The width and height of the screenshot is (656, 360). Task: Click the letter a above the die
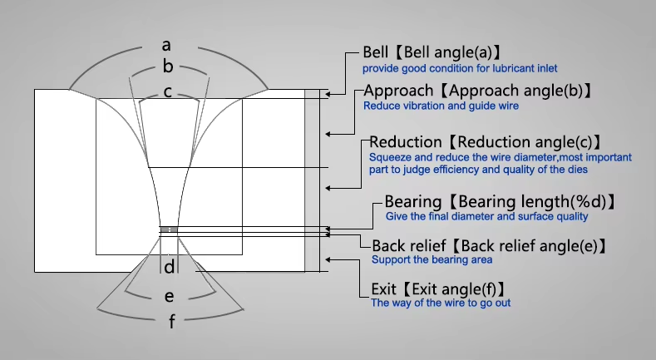coord(166,45)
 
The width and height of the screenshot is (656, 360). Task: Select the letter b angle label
coord(168,67)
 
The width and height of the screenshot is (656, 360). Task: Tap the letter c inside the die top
coord(167,92)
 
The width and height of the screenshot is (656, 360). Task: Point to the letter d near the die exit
coord(169,267)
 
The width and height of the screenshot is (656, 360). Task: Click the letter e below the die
coord(169,297)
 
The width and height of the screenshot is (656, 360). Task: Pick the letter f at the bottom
coord(171,322)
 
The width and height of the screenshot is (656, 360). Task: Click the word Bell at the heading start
coord(375,52)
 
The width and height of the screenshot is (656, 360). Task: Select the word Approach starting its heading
coord(398,91)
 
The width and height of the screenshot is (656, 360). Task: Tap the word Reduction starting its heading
coord(406,142)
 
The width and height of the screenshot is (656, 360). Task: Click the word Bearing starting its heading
coord(413,201)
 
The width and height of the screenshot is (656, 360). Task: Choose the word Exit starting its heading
coord(383,289)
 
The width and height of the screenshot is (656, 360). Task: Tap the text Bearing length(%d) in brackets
coord(532,202)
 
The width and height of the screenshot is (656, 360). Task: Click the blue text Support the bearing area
coord(432,259)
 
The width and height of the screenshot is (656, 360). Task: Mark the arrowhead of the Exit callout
coord(328,259)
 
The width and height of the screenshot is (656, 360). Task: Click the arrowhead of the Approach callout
coord(328,134)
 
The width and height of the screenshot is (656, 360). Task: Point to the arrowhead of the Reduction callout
coord(328,189)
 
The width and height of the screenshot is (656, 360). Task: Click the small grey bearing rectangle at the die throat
coord(169,229)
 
